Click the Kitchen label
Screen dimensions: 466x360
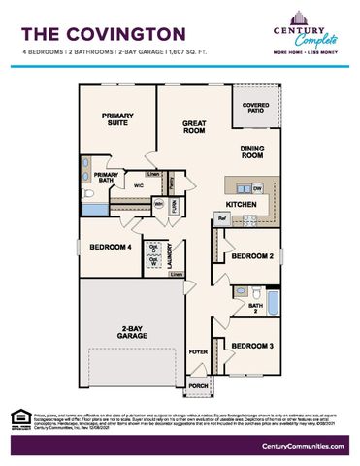pyautogui.click(x=242, y=205)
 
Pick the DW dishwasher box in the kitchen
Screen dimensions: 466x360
pyautogui.click(x=257, y=187)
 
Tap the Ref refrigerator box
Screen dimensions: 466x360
pyautogui.click(x=221, y=219)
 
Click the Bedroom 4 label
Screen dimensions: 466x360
pyautogui.click(x=111, y=247)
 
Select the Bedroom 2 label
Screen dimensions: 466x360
pyautogui.click(x=252, y=255)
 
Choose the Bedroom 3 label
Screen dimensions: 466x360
pyautogui.click(x=252, y=346)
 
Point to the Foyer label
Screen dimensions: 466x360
pyautogui.click(x=198, y=351)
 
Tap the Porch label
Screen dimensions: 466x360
pyautogui.click(x=197, y=385)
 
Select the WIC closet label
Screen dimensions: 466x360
pyautogui.click(x=139, y=183)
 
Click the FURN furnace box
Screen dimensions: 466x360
pyautogui.click(x=176, y=205)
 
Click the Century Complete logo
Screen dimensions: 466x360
pyautogui.click(x=307, y=36)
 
